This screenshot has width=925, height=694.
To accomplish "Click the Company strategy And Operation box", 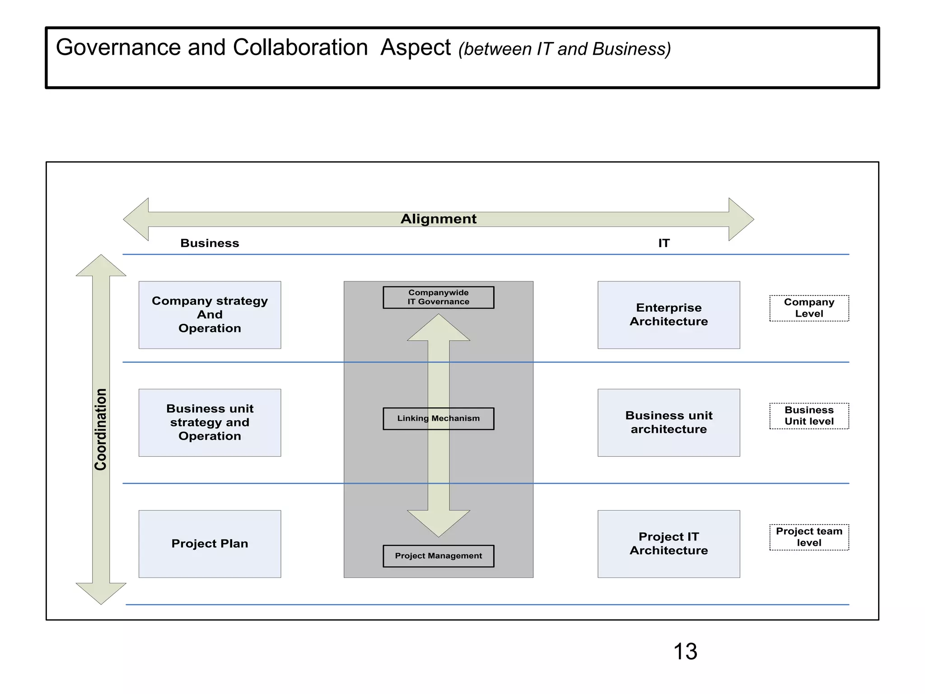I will pos(210,315).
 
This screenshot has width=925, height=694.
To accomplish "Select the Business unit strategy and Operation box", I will pos(210,422).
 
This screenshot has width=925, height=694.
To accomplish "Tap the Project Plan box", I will pos(210,544).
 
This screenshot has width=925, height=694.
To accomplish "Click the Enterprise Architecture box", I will pos(668,315).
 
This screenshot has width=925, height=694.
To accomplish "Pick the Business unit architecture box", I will pos(668,422).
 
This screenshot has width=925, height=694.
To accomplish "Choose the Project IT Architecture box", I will pos(668,544).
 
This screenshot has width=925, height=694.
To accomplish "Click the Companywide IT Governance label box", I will pos(438,297).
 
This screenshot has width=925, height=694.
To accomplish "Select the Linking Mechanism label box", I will pos(438,418).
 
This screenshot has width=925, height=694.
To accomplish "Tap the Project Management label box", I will pos(438,556).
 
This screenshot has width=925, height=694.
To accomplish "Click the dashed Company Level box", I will pos(809,308).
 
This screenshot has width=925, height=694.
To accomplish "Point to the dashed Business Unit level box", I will pos(809,416).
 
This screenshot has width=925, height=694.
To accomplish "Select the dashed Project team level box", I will pos(809,537).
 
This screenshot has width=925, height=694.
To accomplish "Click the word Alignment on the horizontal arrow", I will pos(438,219).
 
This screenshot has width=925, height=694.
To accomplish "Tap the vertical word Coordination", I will pos(101,429).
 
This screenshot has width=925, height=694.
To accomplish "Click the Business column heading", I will pos(210,243).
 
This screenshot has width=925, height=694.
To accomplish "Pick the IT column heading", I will pos(663,243).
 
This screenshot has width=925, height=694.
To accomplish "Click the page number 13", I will pos(685,652).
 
